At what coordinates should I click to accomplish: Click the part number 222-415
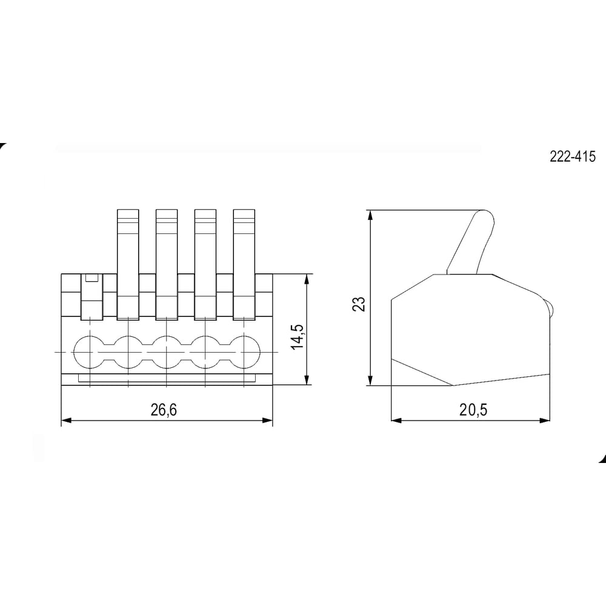[573, 156]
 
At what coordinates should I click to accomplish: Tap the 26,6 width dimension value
[164, 410]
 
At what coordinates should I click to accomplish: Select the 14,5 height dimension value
[298, 336]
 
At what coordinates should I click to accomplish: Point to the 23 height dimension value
[359, 304]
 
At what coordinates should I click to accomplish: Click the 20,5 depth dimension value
[473, 410]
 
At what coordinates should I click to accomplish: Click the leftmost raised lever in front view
[128, 265]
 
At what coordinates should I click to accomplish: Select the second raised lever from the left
[167, 265]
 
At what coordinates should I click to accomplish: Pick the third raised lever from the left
[205, 265]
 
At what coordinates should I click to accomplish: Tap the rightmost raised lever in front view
[244, 265]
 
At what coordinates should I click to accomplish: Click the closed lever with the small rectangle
[92, 297]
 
